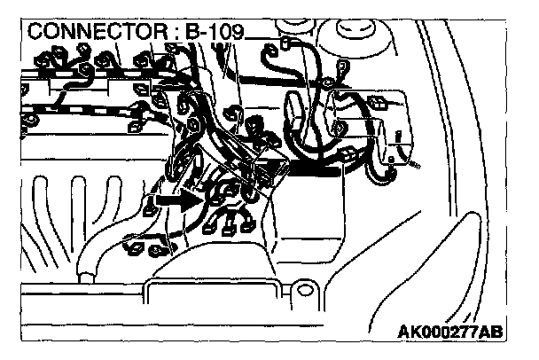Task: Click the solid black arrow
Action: tap(174, 201)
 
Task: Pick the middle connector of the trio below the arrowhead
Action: tap(232, 223)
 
